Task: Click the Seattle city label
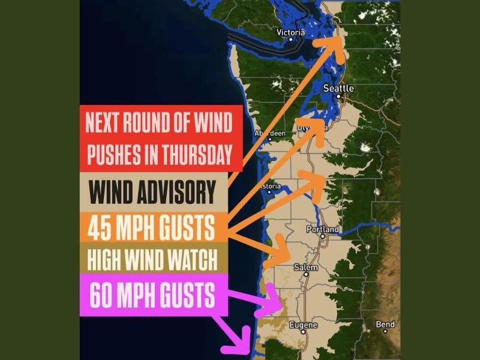click(x=338, y=88)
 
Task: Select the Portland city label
click(x=323, y=229)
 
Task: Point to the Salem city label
click(x=306, y=268)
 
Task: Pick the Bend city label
click(x=385, y=325)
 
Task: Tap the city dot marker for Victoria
click(x=291, y=40)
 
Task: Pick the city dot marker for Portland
click(x=323, y=236)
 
